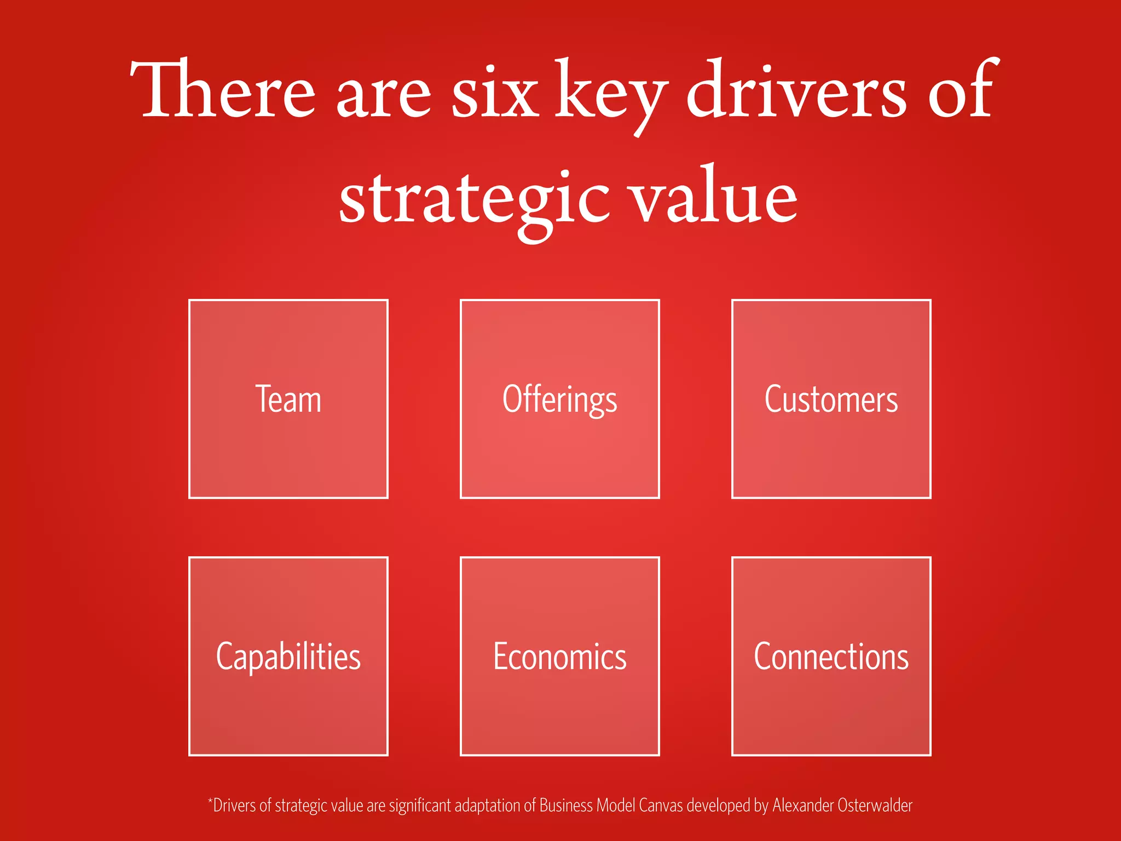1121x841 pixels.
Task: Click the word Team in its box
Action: pos(288,399)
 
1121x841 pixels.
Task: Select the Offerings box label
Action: pos(559,399)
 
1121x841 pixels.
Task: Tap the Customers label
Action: pos(831,399)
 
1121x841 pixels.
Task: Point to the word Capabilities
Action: pos(288,656)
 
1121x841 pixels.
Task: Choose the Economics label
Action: pos(559,656)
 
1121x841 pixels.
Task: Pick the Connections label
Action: pos(831,656)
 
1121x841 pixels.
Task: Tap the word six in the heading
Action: pos(495,93)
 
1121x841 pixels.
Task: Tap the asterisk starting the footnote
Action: pos(210,802)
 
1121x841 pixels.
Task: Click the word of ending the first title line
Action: pos(961,90)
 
